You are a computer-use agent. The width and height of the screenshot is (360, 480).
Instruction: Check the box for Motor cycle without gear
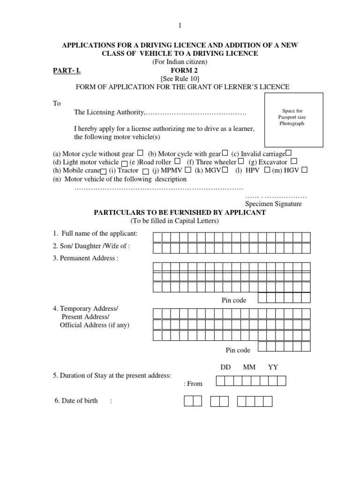pyautogui.click(x=141, y=153)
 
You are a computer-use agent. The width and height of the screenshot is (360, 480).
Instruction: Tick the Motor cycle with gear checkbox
pyautogui.click(x=225, y=153)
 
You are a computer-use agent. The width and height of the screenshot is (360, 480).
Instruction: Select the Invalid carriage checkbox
pyautogui.click(x=288, y=153)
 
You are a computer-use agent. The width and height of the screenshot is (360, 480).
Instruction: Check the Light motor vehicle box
pyautogui.click(x=124, y=163)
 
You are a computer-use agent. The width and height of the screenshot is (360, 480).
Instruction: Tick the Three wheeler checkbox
pyautogui.click(x=241, y=162)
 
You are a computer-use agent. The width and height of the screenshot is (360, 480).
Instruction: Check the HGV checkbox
pyautogui.click(x=304, y=170)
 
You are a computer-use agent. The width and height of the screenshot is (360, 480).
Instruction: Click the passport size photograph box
pyautogui.click(x=293, y=120)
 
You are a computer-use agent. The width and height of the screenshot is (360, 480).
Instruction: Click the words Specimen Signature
pyautogui.click(x=274, y=204)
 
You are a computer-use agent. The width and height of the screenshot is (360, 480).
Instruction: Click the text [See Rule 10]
pyautogui.click(x=180, y=79)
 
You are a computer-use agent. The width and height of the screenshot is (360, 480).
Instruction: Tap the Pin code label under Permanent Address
pyautogui.click(x=234, y=300)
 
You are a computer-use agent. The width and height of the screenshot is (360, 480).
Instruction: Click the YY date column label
pyautogui.click(x=273, y=367)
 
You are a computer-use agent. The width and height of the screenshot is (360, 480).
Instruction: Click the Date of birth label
pyautogui.click(x=79, y=401)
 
